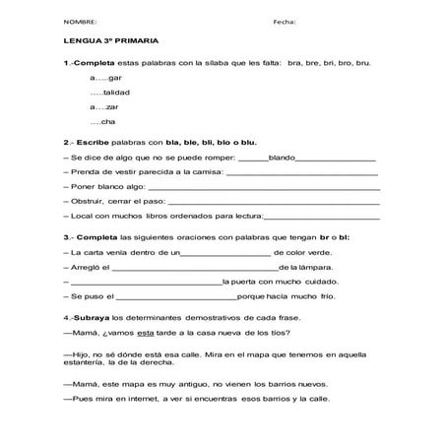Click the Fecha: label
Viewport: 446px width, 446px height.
[284, 21]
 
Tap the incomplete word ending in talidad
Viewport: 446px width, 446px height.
[109, 91]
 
